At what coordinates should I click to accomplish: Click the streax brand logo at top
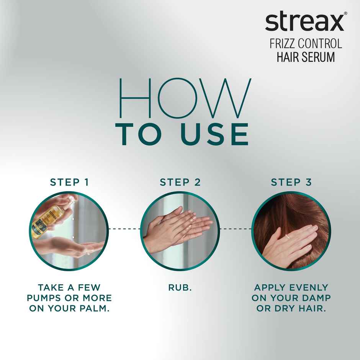pos(304,22)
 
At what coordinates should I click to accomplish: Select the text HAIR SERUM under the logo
pos(306,57)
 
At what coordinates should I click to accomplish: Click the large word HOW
pos(184,99)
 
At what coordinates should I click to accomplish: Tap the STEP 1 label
pos(69,182)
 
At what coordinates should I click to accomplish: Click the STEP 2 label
pos(180,182)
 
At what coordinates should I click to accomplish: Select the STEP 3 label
pos(291,182)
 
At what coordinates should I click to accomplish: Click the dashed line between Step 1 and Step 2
pos(125,229)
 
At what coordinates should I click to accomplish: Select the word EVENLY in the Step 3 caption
pos(308,287)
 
